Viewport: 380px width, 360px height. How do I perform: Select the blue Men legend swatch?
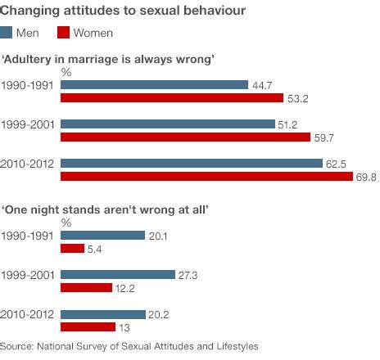[9, 33]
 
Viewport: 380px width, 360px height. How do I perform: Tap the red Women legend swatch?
[64, 33]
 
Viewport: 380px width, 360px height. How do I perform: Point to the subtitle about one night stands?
[106, 210]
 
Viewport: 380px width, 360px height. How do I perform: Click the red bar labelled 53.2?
[170, 98]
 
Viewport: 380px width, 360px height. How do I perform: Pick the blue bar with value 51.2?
[168, 124]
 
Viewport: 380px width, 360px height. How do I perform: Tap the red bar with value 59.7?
[184, 137]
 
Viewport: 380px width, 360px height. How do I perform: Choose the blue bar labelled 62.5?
[192, 163]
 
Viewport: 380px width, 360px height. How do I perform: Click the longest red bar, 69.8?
[206, 177]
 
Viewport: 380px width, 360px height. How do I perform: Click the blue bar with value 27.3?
[118, 275]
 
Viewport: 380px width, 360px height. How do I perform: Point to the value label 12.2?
[126, 289]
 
